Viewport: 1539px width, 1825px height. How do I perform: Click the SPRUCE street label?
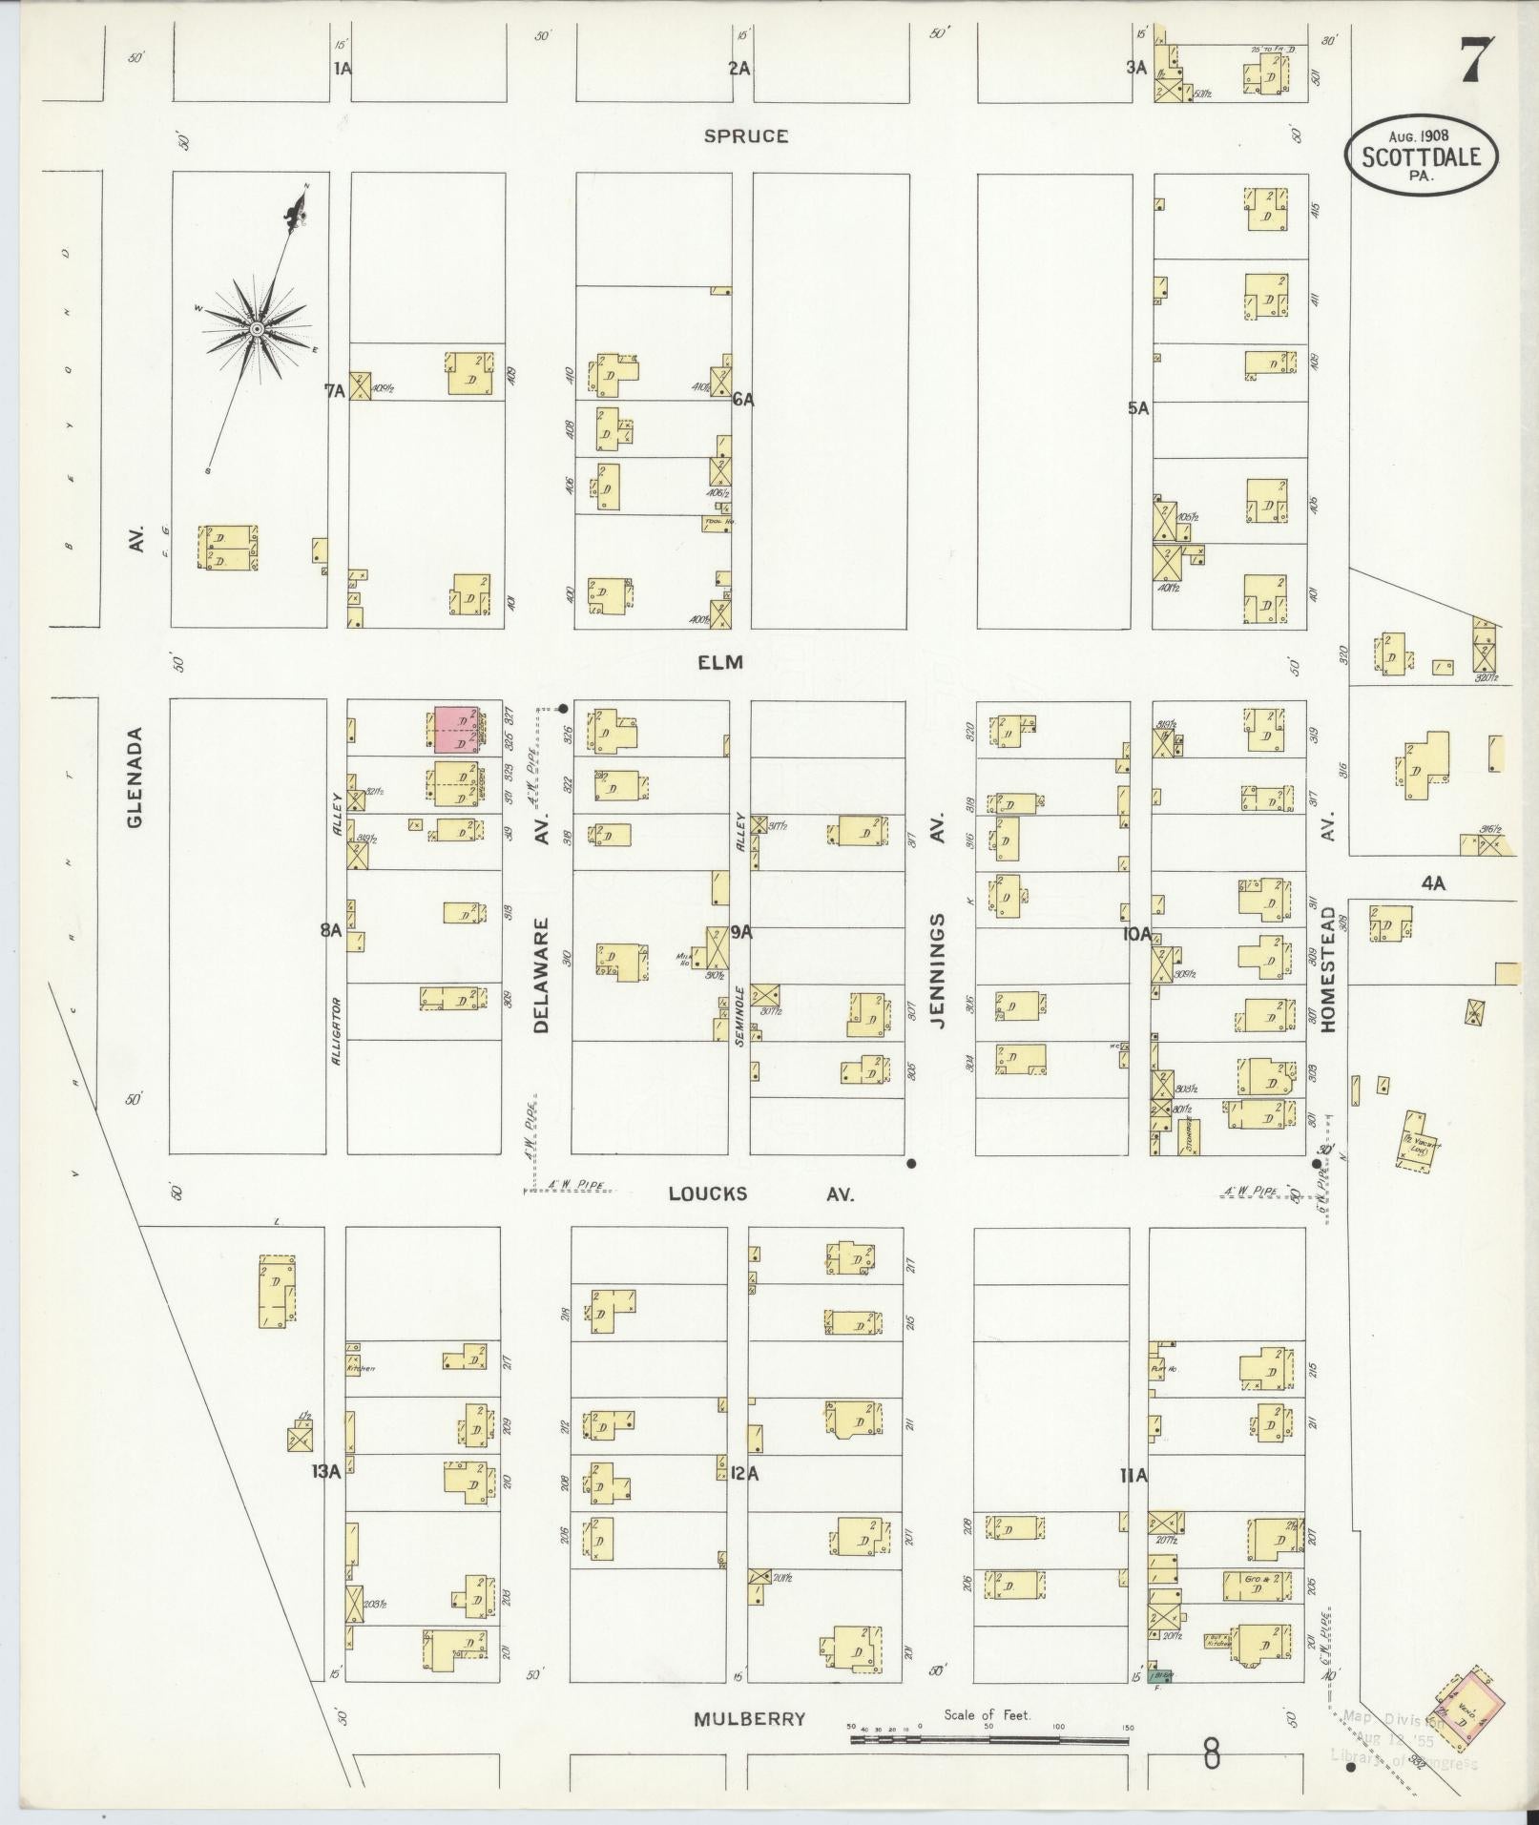pyautogui.click(x=746, y=136)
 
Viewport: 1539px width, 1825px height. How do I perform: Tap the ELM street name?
pyautogui.click(x=720, y=662)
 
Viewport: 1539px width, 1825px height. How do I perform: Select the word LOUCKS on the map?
pyautogui.click(x=707, y=1193)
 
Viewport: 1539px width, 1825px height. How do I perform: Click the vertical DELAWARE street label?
pyautogui.click(x=542, y=975)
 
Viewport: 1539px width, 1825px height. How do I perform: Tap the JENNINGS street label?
pyautogui.click(x=937, y=970)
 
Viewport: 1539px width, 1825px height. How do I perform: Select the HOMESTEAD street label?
pyautogui.click(x=1327, y=965)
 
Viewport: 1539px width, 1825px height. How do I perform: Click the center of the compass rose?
pyautogui.click(x=256, y=329)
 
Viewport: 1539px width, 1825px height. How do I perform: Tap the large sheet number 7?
pyautogui.click(x=1476, y=64)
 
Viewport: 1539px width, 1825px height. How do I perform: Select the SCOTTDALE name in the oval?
pyautogui.click(x=1422, y=157)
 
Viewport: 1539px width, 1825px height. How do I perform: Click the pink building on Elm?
pyautogui.click(x=456, y=730)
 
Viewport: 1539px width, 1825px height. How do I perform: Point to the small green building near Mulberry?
pyautogui.click(x=1159, y=1703)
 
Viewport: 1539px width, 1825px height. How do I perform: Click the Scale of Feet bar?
pyautogui.click(x=988, y=1740)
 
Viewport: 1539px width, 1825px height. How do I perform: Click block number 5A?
pyautogui.click(x=1137, y=408)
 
